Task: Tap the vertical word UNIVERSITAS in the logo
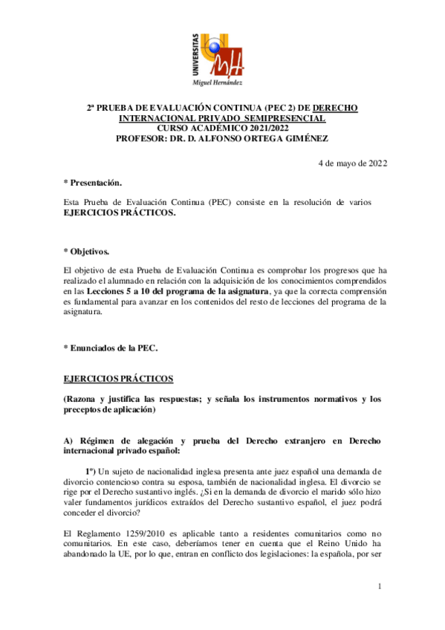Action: (x=195, y=55)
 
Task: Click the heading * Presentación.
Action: (x=93, y=182)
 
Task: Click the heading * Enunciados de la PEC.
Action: (x=111, y=348)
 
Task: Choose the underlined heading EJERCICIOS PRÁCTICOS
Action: (x=118, y=378)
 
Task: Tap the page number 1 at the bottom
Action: (x=379, y=587)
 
